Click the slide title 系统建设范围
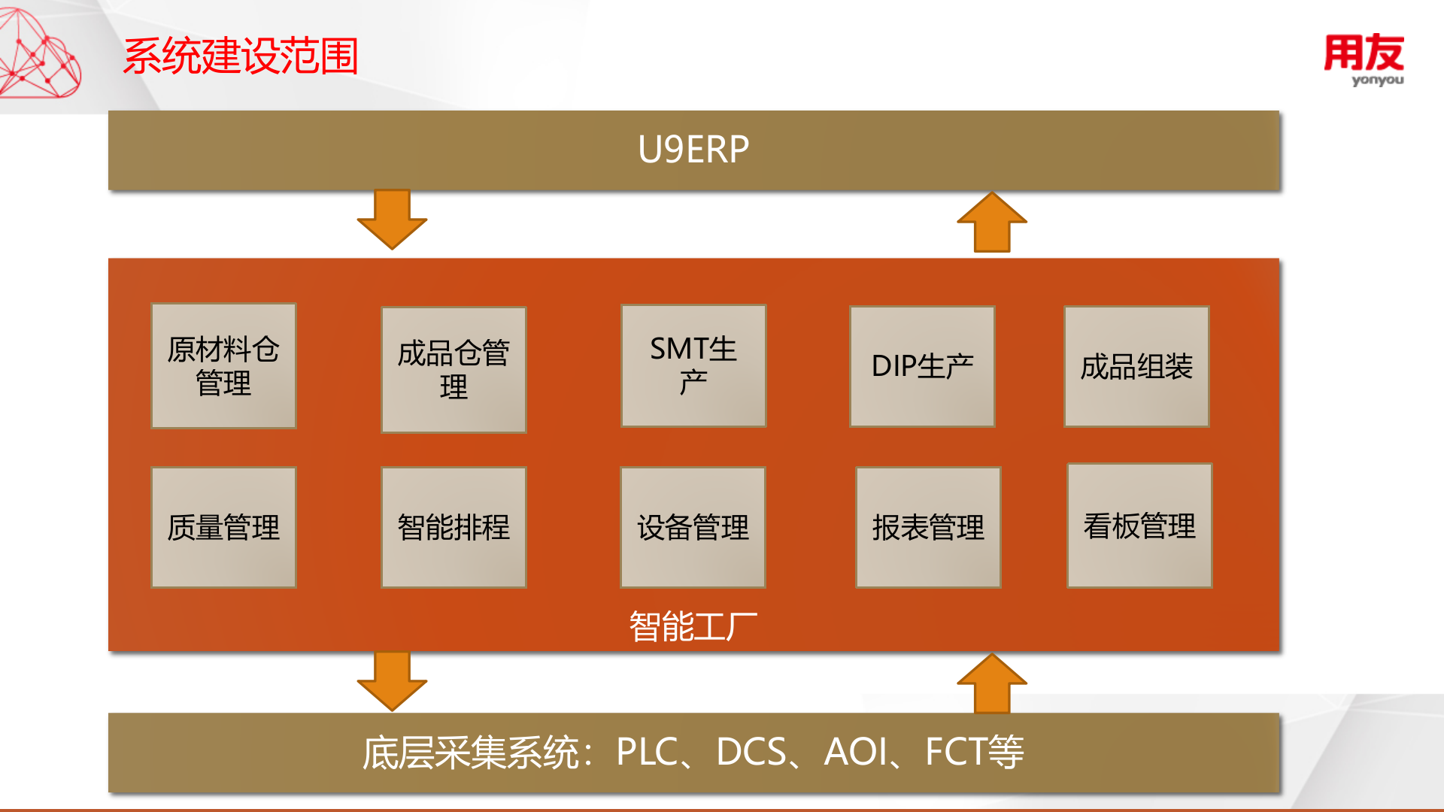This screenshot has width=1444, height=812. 241,56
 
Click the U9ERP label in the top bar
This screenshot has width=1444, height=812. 693,149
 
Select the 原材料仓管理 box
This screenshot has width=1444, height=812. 223,366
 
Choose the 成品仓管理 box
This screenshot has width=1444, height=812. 454,369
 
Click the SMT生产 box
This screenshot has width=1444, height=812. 693,366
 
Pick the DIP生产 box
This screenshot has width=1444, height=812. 922,366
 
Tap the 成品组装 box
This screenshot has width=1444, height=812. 1136,366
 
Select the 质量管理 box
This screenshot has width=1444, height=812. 223,527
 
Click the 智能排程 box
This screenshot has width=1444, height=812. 454,527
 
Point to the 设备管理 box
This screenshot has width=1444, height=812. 693,527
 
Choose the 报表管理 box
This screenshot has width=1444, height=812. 928,527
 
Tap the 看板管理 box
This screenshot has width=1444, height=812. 1139,526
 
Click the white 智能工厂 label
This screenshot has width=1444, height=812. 693,626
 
